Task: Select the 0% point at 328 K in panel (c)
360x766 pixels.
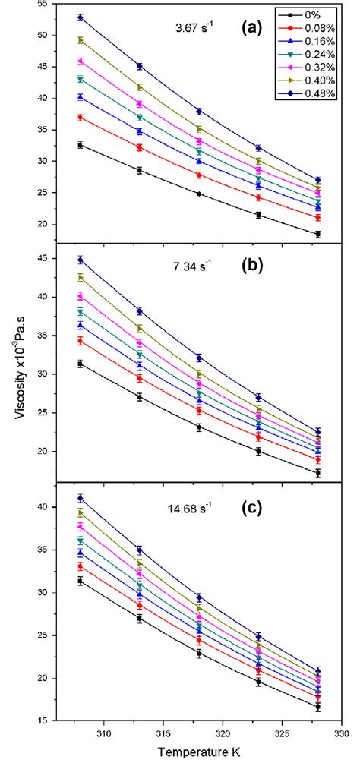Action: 317,707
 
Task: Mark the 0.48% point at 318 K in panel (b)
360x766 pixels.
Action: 199,358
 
